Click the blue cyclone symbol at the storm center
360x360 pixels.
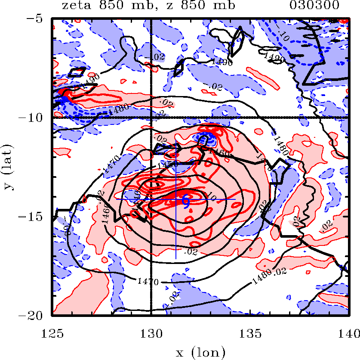click(186, 200)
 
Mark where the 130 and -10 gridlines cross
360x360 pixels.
click(151, 117)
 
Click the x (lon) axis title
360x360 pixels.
click(200, 353)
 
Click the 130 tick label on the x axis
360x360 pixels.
click(151, 332)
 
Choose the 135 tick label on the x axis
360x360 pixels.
click(250, 332)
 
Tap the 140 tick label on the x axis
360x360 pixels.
click(348, 332)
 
